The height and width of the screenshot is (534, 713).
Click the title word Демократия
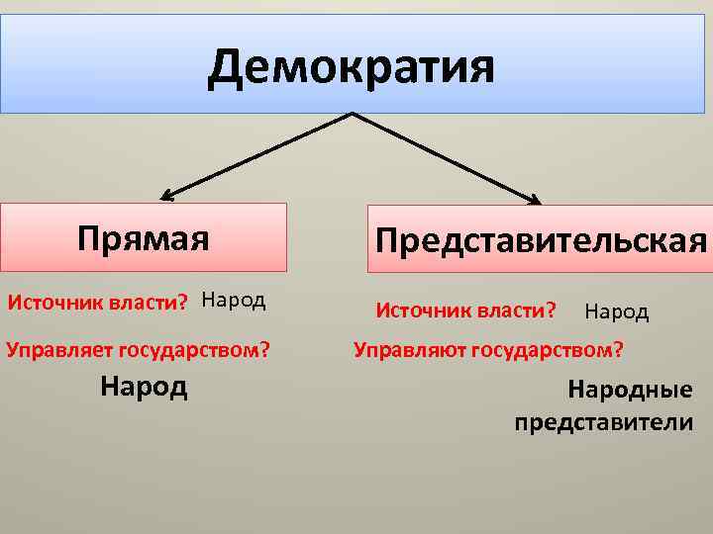pos(351,67)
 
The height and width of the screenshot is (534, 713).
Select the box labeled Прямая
pos(144,237)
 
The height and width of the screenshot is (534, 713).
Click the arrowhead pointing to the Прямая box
pos(165,195)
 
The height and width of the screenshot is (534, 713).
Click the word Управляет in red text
pos(59,348)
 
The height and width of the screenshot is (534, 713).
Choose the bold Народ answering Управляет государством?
pos(144,386)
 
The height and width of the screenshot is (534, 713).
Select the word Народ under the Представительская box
pos(616,312)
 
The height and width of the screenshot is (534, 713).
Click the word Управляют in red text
pos(409,349)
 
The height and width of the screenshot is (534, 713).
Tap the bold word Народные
pos(630,392)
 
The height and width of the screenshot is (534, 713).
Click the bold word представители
pos(604,423)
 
